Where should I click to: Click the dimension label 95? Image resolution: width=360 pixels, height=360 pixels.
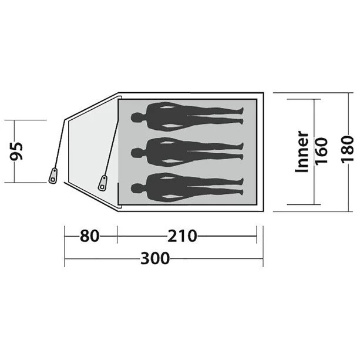(x=16, y=152)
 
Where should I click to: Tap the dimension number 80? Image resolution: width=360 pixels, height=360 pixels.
(x=89, y=235)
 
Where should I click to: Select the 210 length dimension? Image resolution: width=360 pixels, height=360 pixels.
(x=182, y=235)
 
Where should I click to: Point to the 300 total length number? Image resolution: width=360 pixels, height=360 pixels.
(x=155, y=258)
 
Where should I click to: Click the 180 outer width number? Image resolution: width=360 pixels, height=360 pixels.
(x=347, y=150)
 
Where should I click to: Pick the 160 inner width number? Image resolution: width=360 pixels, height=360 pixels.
(x=321, y=151)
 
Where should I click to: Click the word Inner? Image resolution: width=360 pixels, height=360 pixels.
(x=302, y=152)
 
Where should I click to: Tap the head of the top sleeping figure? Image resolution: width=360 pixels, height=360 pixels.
(x=136, y=117)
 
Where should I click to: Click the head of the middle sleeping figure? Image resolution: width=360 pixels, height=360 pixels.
(x=136, y=153)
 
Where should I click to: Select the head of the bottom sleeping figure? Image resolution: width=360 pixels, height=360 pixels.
(x=136, y=189)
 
